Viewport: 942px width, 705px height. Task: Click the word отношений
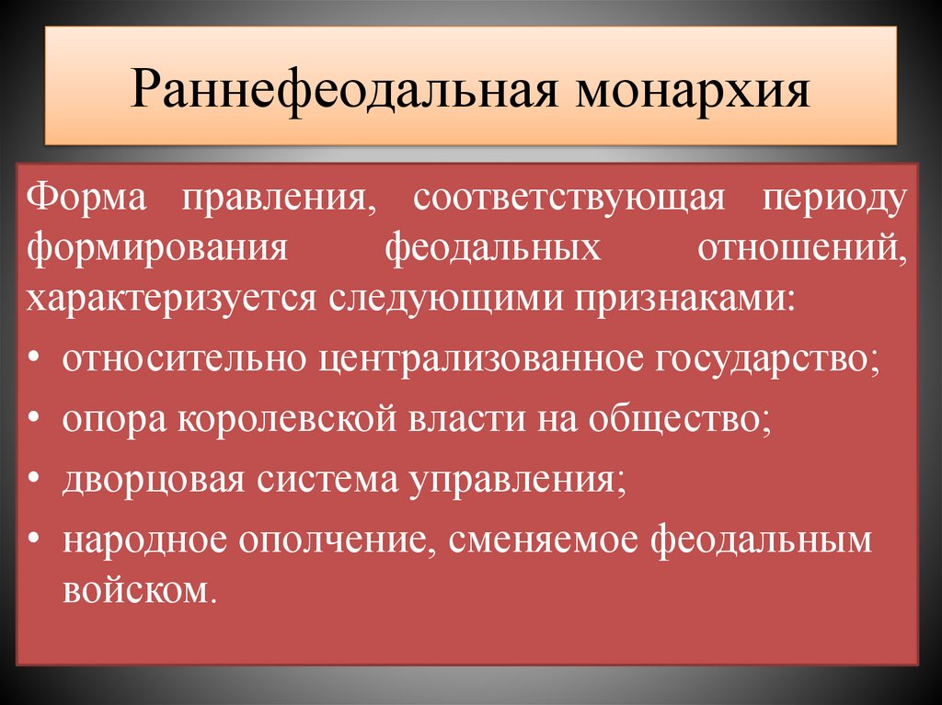click(x=802, y=249)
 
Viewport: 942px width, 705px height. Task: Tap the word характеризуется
click(x=171, y=300)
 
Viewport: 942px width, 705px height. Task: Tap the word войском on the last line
click(x=141, y=588)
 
